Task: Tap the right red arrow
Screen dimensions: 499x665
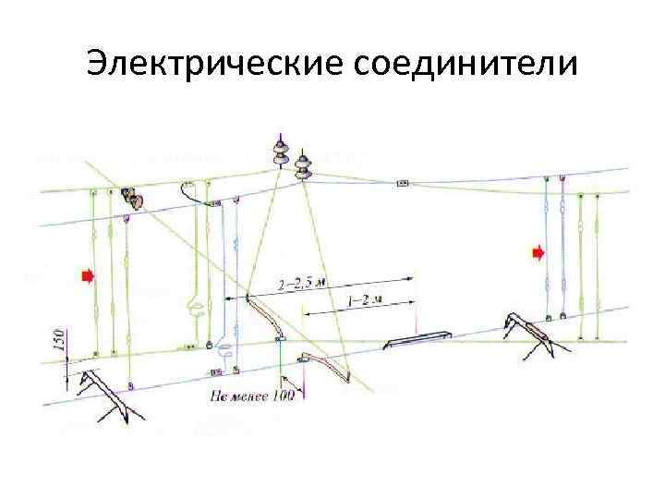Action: [538, 250]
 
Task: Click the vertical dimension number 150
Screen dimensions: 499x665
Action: [56, 340]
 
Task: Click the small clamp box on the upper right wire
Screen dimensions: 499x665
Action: [403, 184]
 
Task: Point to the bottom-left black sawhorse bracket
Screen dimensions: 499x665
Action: [102, 388]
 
